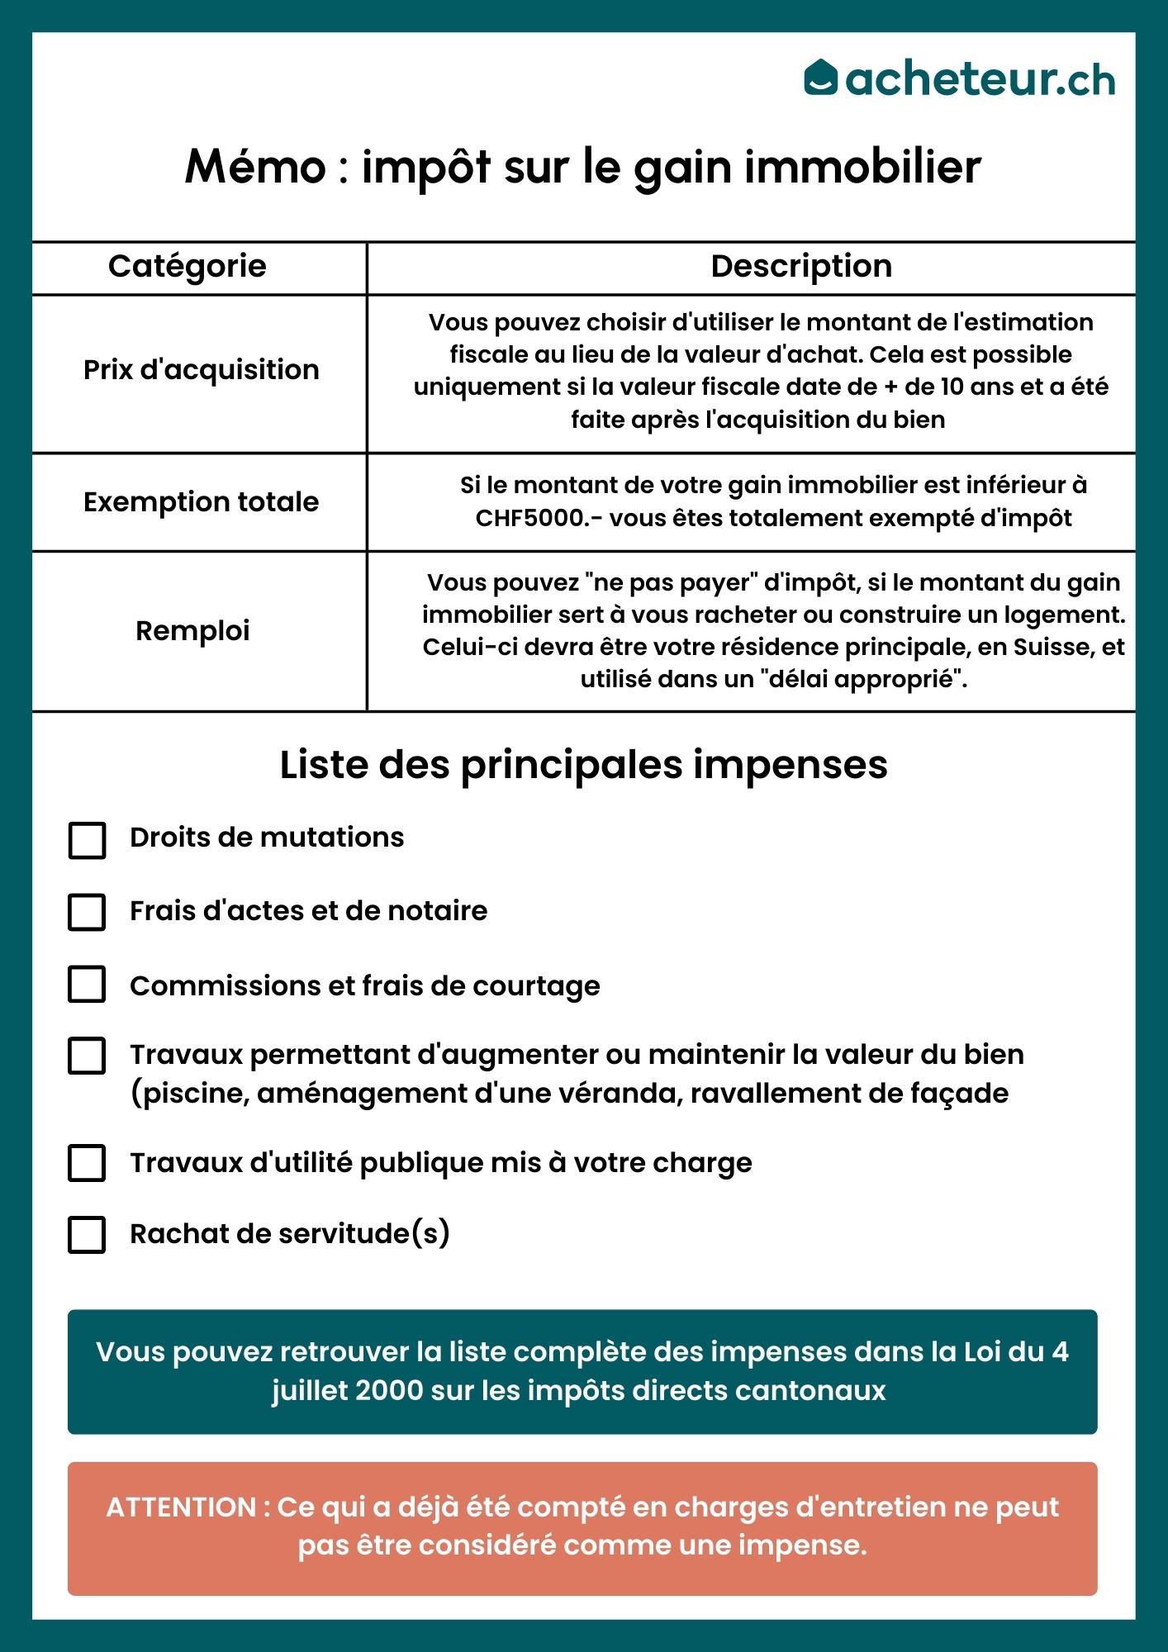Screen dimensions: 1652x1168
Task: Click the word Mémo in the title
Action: pyautogui.click(x=256, y=167)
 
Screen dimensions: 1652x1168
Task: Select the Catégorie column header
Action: pyautogui.click(x=188, y=267)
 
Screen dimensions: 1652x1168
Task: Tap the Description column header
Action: pyautogui.click(x=801, y=267)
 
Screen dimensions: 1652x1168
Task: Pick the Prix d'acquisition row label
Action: pyautogui.click(x=201, y=370)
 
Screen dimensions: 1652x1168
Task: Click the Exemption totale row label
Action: pyautogui.click(x=201, y=502)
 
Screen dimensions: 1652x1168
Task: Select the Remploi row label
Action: pyautogui.click(x=192, y=631)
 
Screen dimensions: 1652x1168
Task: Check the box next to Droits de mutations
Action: pyautogui.click(x=87, y=840)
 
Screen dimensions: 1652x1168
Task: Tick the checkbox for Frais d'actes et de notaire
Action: pyautogui.click(x=87, y=913)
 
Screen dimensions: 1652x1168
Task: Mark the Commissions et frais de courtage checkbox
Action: pyautogui.click(x=87, y=985)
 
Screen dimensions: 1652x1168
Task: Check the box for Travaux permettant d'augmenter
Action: pyautogui.click(x=87, y=1056)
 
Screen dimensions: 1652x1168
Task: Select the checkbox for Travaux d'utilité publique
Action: pyautogui.click(x=87, y=1163)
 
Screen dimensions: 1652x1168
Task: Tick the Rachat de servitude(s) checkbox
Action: pyautogui.click(x=87, y=1235)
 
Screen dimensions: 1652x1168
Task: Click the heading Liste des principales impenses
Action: pyautogui.click(x=583, y=765)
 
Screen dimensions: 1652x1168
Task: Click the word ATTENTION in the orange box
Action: pyautogui.click(x=181, y=1507)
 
